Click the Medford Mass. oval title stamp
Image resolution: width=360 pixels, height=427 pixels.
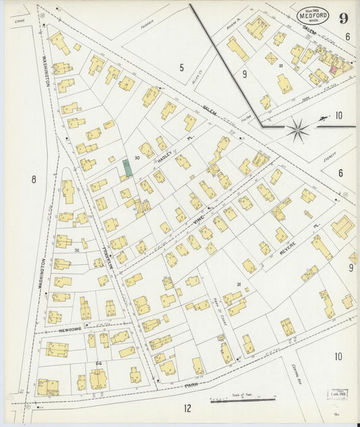(x=314, y=15)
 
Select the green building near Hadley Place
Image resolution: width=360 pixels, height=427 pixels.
(x=128, y=168)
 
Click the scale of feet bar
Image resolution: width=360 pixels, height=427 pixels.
(x=233, y=400)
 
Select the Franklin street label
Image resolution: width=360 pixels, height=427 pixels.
(x=105, y=251)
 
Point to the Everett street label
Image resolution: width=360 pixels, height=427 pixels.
(x=329, y=157)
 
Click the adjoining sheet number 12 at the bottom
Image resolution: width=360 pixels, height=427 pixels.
(x=187, y=408)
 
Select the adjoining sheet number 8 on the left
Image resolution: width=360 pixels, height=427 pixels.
(x=33, y=179)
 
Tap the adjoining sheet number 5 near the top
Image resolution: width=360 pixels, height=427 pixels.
(x=182, y=66)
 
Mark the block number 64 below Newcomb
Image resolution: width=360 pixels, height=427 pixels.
(x=98, y=363)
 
